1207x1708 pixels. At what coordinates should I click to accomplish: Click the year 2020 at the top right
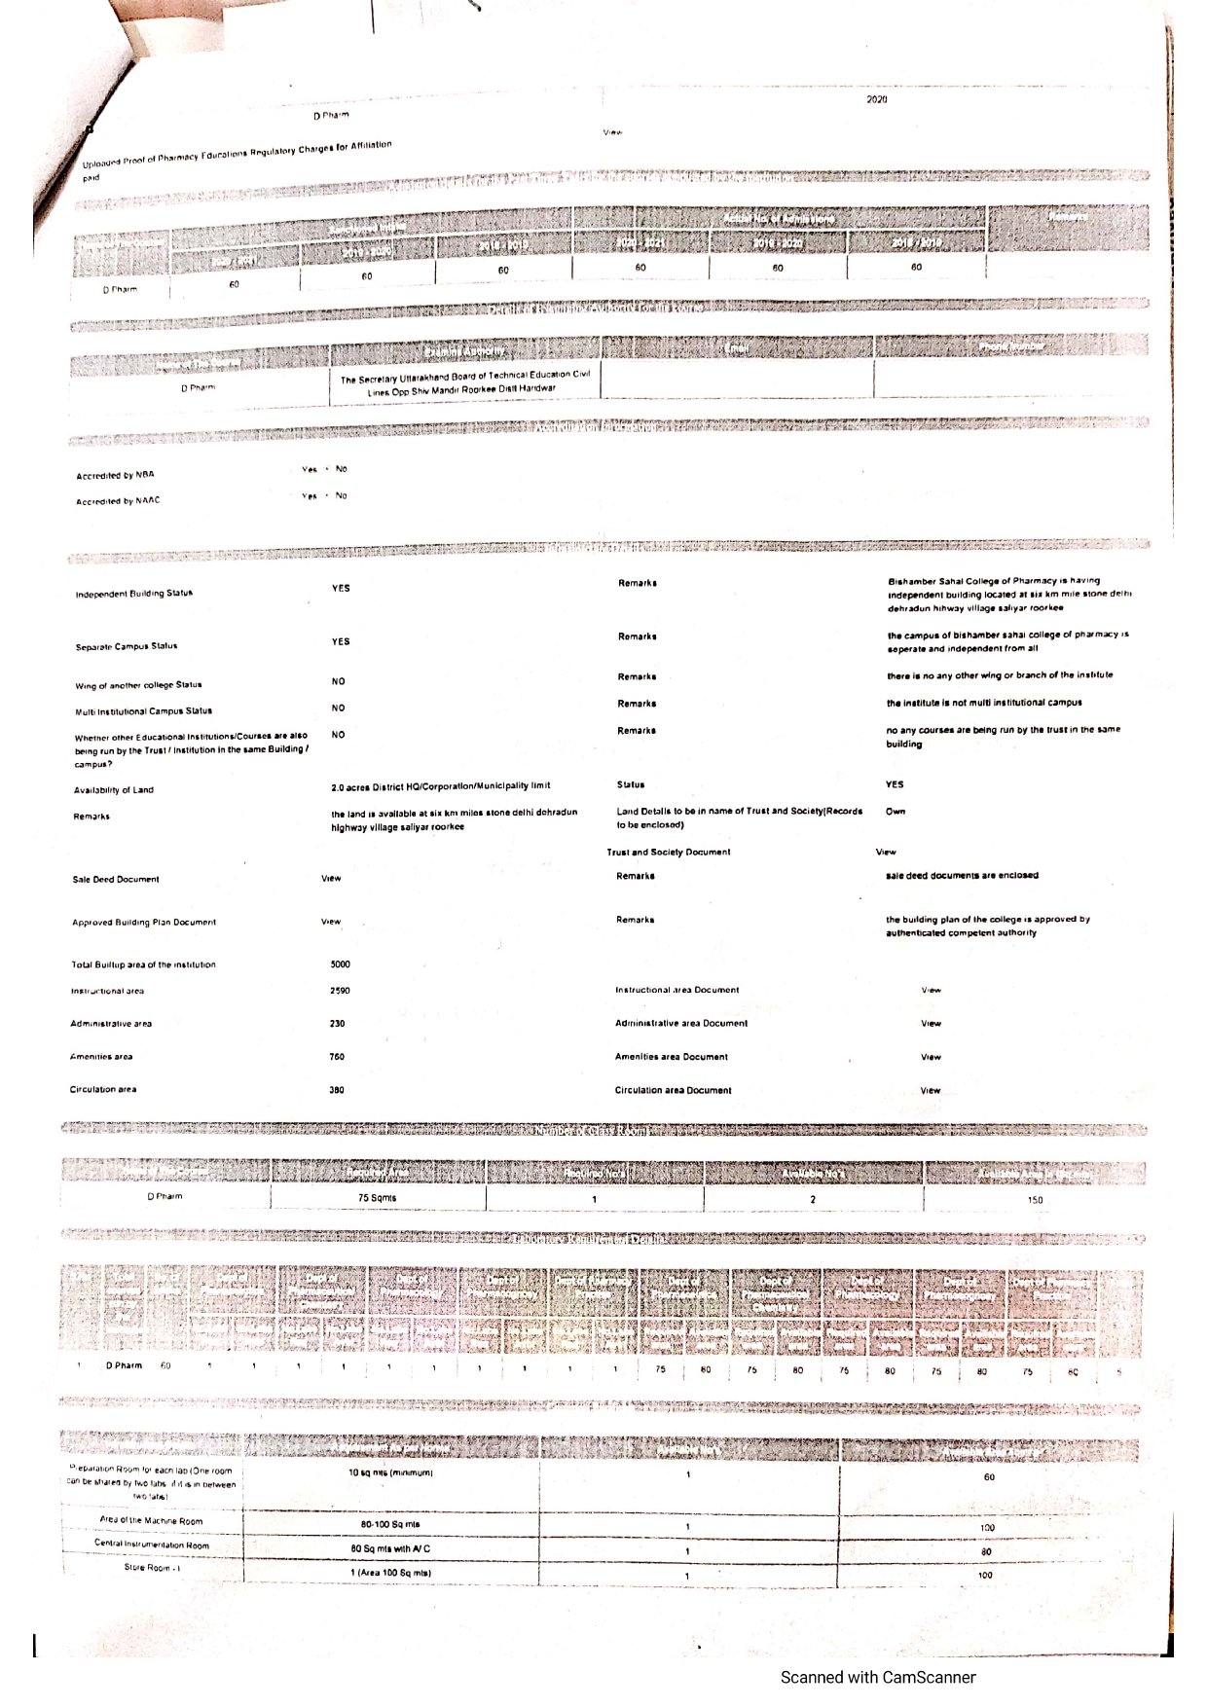876,99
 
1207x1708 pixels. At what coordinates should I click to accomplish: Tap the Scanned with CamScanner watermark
877,1677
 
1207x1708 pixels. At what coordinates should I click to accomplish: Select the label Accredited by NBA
115,476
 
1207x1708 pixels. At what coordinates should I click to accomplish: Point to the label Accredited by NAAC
118,501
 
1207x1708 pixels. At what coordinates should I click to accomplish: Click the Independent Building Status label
134,593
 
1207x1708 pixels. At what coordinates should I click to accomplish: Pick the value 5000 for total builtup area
340,964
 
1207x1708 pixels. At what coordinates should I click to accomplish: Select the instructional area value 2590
340,991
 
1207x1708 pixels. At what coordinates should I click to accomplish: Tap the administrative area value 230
337,1024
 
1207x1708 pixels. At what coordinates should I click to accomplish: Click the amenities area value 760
337,1057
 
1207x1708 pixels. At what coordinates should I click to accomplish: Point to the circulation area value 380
337,1090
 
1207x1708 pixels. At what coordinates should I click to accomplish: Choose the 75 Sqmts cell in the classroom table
377,1198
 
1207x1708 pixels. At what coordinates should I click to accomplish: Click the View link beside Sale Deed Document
331,879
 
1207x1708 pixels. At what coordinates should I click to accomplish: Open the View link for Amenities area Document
931,1057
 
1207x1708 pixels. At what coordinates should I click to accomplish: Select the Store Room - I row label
152,1568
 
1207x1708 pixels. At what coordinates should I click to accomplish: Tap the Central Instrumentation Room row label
152,1544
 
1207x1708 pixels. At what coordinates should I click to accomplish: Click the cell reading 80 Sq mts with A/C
390,1548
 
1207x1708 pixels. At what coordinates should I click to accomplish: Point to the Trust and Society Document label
668,853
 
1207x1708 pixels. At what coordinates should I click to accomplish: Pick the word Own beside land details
895,812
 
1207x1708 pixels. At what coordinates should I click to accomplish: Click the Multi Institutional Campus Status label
143,711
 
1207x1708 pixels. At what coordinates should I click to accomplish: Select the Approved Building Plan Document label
144,923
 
